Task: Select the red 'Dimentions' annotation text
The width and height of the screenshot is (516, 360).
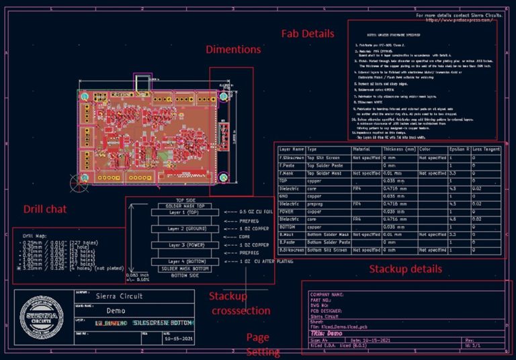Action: tap(233, 49)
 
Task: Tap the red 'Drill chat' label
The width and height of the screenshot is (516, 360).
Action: tap(45, 209)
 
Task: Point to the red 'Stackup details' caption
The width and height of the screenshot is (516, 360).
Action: tap(405, 269)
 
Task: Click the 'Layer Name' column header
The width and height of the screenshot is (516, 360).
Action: tap(291, 148)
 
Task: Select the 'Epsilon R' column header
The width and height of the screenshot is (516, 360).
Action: tap(460, 148)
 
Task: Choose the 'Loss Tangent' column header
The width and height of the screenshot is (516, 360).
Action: tap(487, 148)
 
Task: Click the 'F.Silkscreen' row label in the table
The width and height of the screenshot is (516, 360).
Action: tap(290, 156)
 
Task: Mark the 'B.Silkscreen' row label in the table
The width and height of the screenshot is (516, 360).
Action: tap(292, 249)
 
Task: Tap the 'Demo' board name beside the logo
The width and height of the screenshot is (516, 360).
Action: tap(116, 310)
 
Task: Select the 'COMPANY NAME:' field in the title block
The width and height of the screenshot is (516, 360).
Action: tap(327, 294)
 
